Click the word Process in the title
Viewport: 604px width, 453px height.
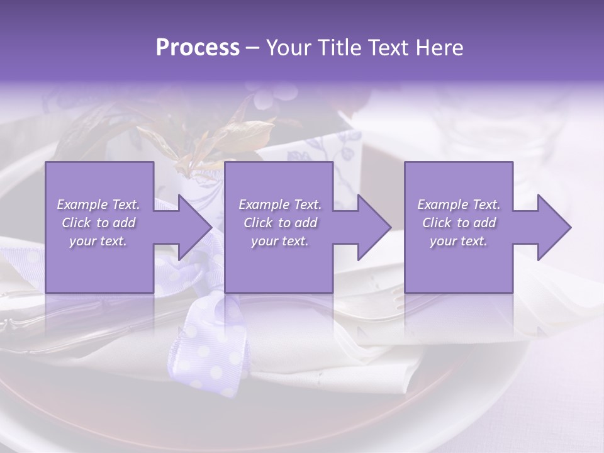(198, 48)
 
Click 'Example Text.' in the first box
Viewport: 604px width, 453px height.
(99, 204)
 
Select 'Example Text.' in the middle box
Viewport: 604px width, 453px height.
(280, 204)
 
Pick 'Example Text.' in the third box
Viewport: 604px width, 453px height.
(459, 204)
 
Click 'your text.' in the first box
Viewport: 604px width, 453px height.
(98, 241)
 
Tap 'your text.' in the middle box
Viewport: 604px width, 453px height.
(280, 241)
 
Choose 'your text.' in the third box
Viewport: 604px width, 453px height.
(459, 241)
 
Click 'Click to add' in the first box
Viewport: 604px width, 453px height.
(99, 223)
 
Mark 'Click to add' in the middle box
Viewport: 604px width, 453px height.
(280, 223)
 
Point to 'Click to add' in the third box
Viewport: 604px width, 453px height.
(459, 223)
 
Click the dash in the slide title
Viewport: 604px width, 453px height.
(252, 48)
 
